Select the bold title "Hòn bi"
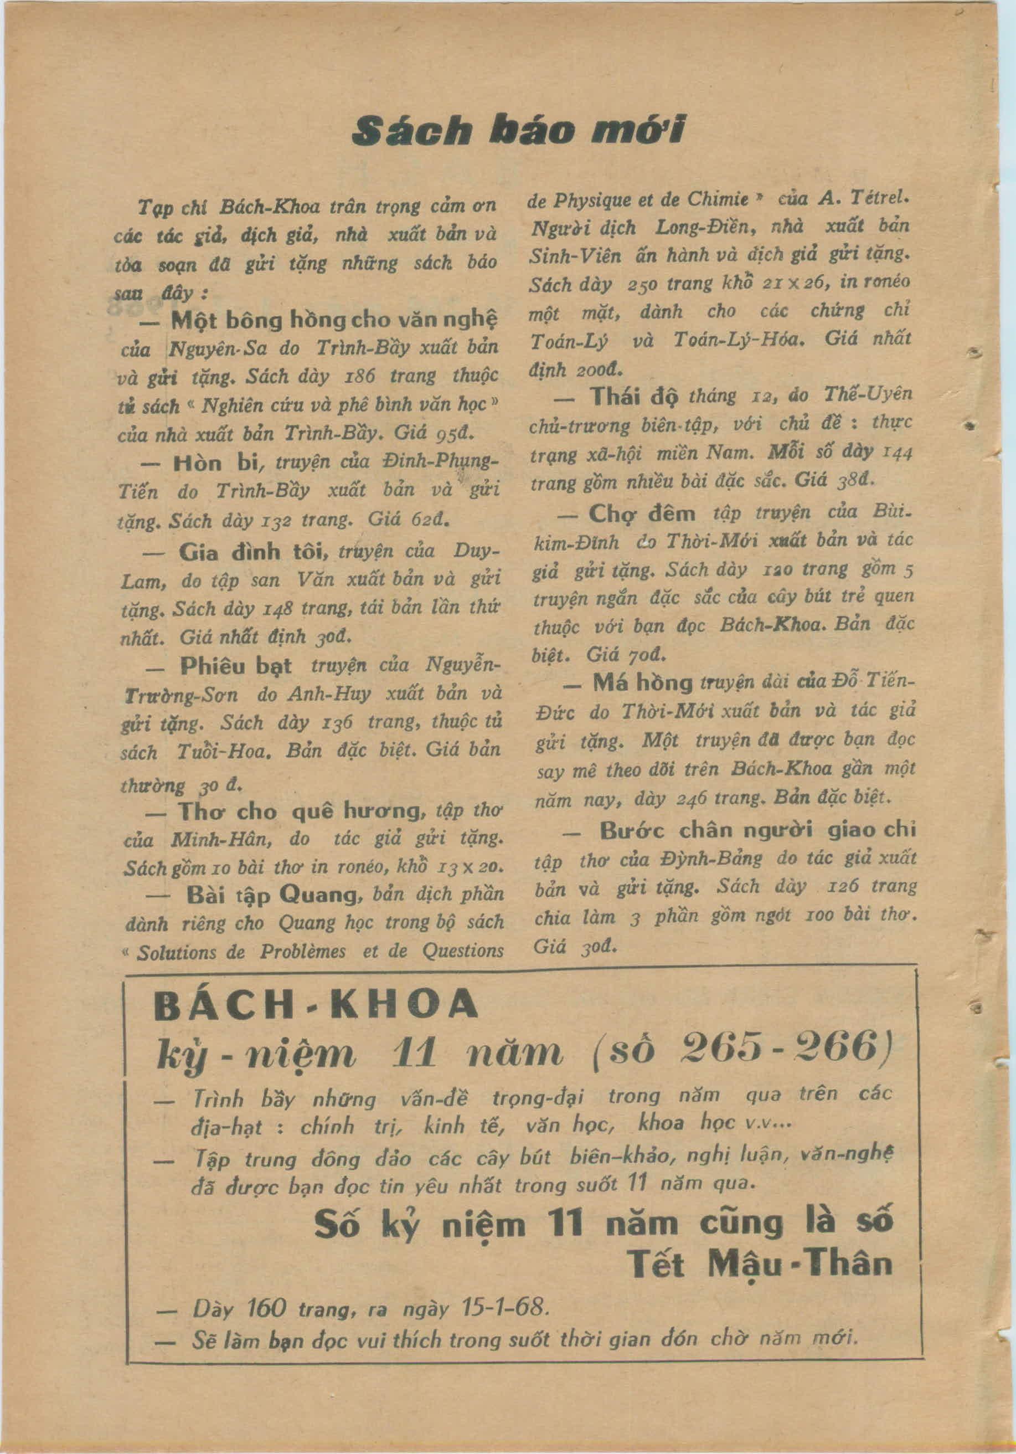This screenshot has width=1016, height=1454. point(213,463)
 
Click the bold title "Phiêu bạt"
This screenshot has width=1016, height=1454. point(235,666)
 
